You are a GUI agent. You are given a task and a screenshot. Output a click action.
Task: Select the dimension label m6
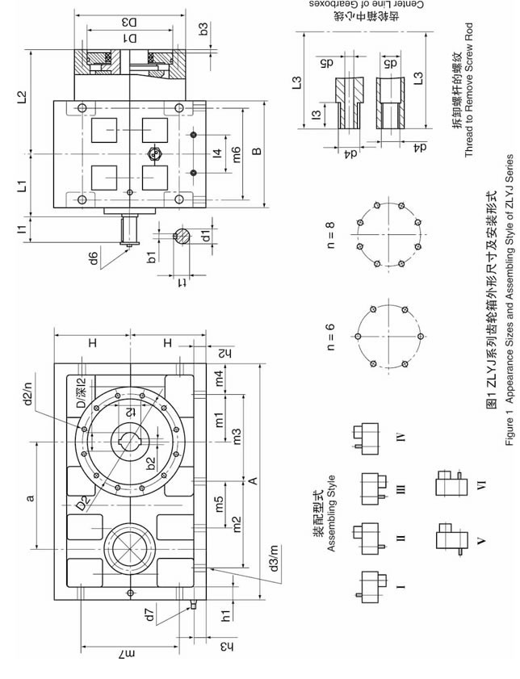click(x=236, y=153)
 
